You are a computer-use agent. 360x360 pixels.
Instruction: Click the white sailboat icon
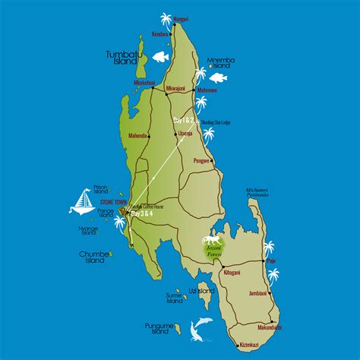tap(81, 201)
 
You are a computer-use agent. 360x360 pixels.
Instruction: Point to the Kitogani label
tap(210, 271)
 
